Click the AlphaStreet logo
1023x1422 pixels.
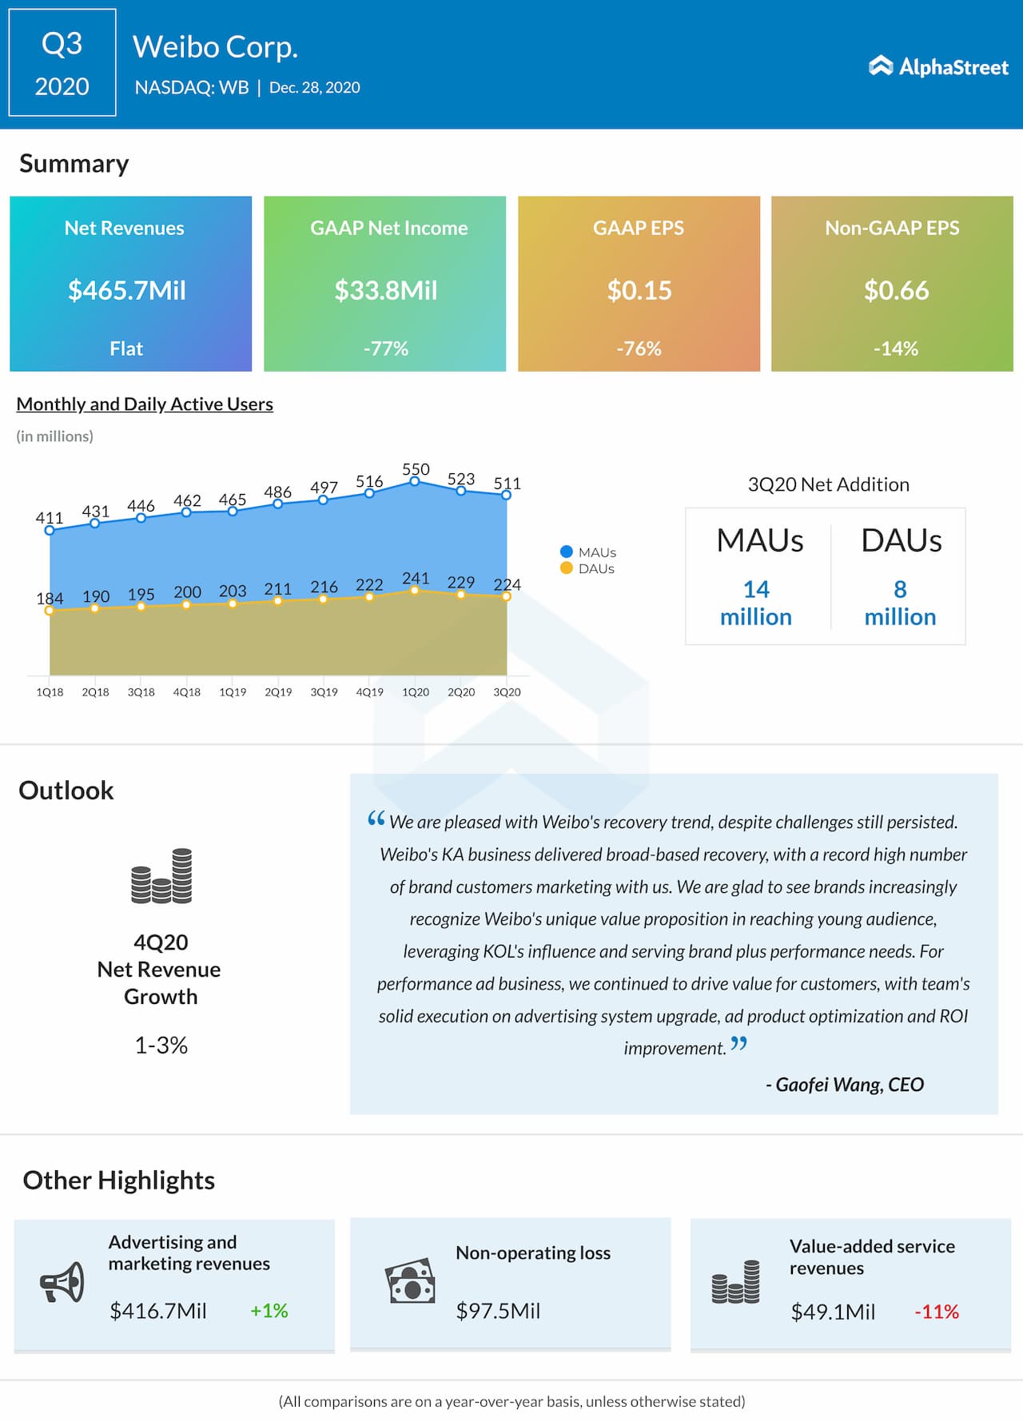pyautogui.click(x=938, y=66)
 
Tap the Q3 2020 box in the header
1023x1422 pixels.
pyautogui.click(x=62, y=63)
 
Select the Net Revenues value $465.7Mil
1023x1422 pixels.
pyautogui.click(x=127, y=290)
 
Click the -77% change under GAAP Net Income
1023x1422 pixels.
pyautogui.click(x=385, y=349)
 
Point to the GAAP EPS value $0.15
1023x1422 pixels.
pyautogui.click(x=639, y=290)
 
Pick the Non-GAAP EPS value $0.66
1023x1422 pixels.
pyautogui.click(x=896, y=290)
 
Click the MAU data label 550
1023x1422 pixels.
pyautogui.click(x=416, y=469)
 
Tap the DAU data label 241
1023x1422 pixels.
pyautogui.click(x=416, y=578)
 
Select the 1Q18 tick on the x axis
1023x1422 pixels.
pyautogui.click(x=50, y=692)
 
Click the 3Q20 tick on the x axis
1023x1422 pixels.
pyautogui.click(x=507, y=692)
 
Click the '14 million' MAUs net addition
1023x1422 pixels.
pyautogui.click(x=756, y=603)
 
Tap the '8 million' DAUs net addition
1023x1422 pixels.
pyautogui.click(x=900, y=603)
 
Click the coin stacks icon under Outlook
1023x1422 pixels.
pyautogui.click(x=161, y=876)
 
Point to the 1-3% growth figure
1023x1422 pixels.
pyautogui.click(x=161, y=1046)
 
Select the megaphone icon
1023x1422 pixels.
pyautogui.click(x=62, y=1282)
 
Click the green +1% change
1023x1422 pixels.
pyautogui.click(x=269, y=1311)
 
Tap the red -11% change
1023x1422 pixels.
pyautogui.click(x=937, y=1312)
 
